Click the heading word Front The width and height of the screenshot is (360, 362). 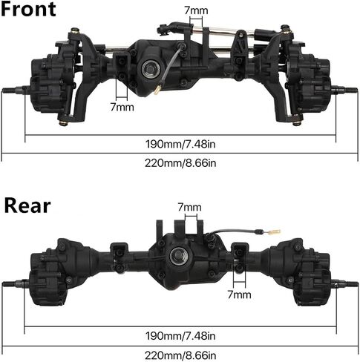(28, 9)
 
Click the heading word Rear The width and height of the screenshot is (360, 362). (27, 205)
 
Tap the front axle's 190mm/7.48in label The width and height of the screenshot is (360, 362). (180, 144)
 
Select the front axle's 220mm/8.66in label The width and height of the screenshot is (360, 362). (180, 163)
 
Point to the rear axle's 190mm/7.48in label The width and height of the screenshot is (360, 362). (180, 336)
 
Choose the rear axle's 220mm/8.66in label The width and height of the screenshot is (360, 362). (180, 355)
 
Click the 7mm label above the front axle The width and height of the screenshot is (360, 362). (196, 10)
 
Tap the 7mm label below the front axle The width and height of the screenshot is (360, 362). (122, 107)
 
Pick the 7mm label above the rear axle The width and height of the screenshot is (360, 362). (189, 207)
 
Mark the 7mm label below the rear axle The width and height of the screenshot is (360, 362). (239, 294)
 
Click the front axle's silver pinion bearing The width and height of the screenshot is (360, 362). (151, 69)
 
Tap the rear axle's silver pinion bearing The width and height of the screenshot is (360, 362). (179, 256)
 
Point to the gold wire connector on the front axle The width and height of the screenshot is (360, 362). (157, 90)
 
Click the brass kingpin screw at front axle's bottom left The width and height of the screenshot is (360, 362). (63, 122)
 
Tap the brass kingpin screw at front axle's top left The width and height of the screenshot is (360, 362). (75, 30)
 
